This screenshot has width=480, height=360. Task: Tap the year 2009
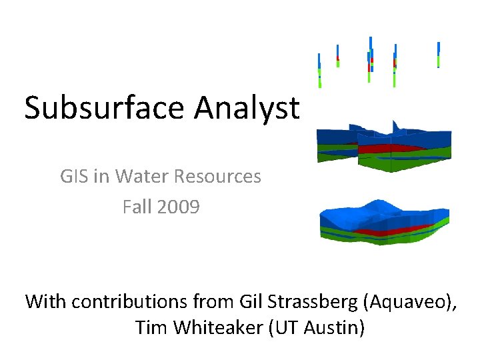(x=179, y=207)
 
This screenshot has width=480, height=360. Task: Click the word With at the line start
(x=46, y=301)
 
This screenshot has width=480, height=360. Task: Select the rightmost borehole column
(x=438, y=53)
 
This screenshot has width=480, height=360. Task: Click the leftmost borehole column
(x=319, y=70)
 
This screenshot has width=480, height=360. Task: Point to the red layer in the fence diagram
(x=387, y=148)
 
